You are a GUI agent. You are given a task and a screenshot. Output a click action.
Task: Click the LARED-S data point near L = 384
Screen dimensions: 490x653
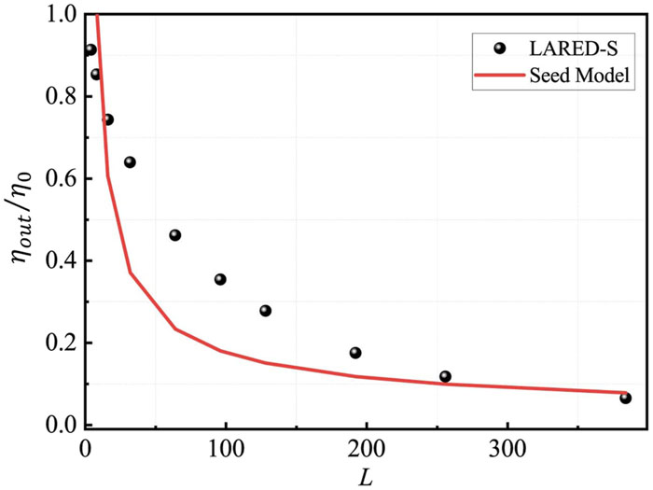[625, 399]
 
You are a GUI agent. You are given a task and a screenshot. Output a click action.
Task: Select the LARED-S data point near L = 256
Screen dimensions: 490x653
[445, 376]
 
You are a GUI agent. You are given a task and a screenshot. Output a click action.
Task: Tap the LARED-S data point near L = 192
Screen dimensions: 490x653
[355, 353]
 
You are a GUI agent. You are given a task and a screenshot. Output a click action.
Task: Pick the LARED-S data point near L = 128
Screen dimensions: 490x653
[265, 311]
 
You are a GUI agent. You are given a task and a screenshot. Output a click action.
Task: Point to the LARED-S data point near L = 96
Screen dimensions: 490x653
[220, 279]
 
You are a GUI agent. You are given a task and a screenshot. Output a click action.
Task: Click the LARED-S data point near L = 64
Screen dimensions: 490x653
[174, 235]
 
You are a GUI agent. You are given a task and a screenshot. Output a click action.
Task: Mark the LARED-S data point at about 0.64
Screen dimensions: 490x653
[130, 162]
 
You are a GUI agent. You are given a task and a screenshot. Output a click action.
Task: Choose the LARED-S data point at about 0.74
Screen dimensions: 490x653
[107, 119]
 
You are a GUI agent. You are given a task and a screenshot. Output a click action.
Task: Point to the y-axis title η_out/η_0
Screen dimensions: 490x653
[22, 220]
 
